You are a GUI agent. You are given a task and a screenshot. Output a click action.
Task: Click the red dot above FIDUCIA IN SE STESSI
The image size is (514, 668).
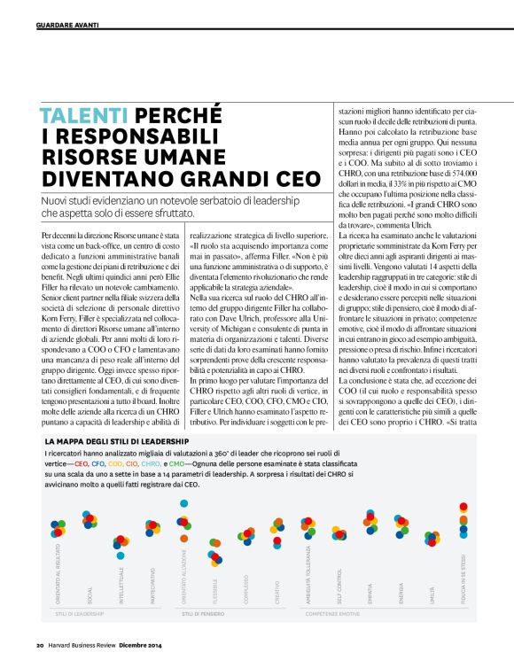pyautogui.click(x=463, y=508)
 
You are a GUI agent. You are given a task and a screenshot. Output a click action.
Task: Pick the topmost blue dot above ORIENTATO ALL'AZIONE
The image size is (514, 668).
pyautogui.click(x=183, y=503)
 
